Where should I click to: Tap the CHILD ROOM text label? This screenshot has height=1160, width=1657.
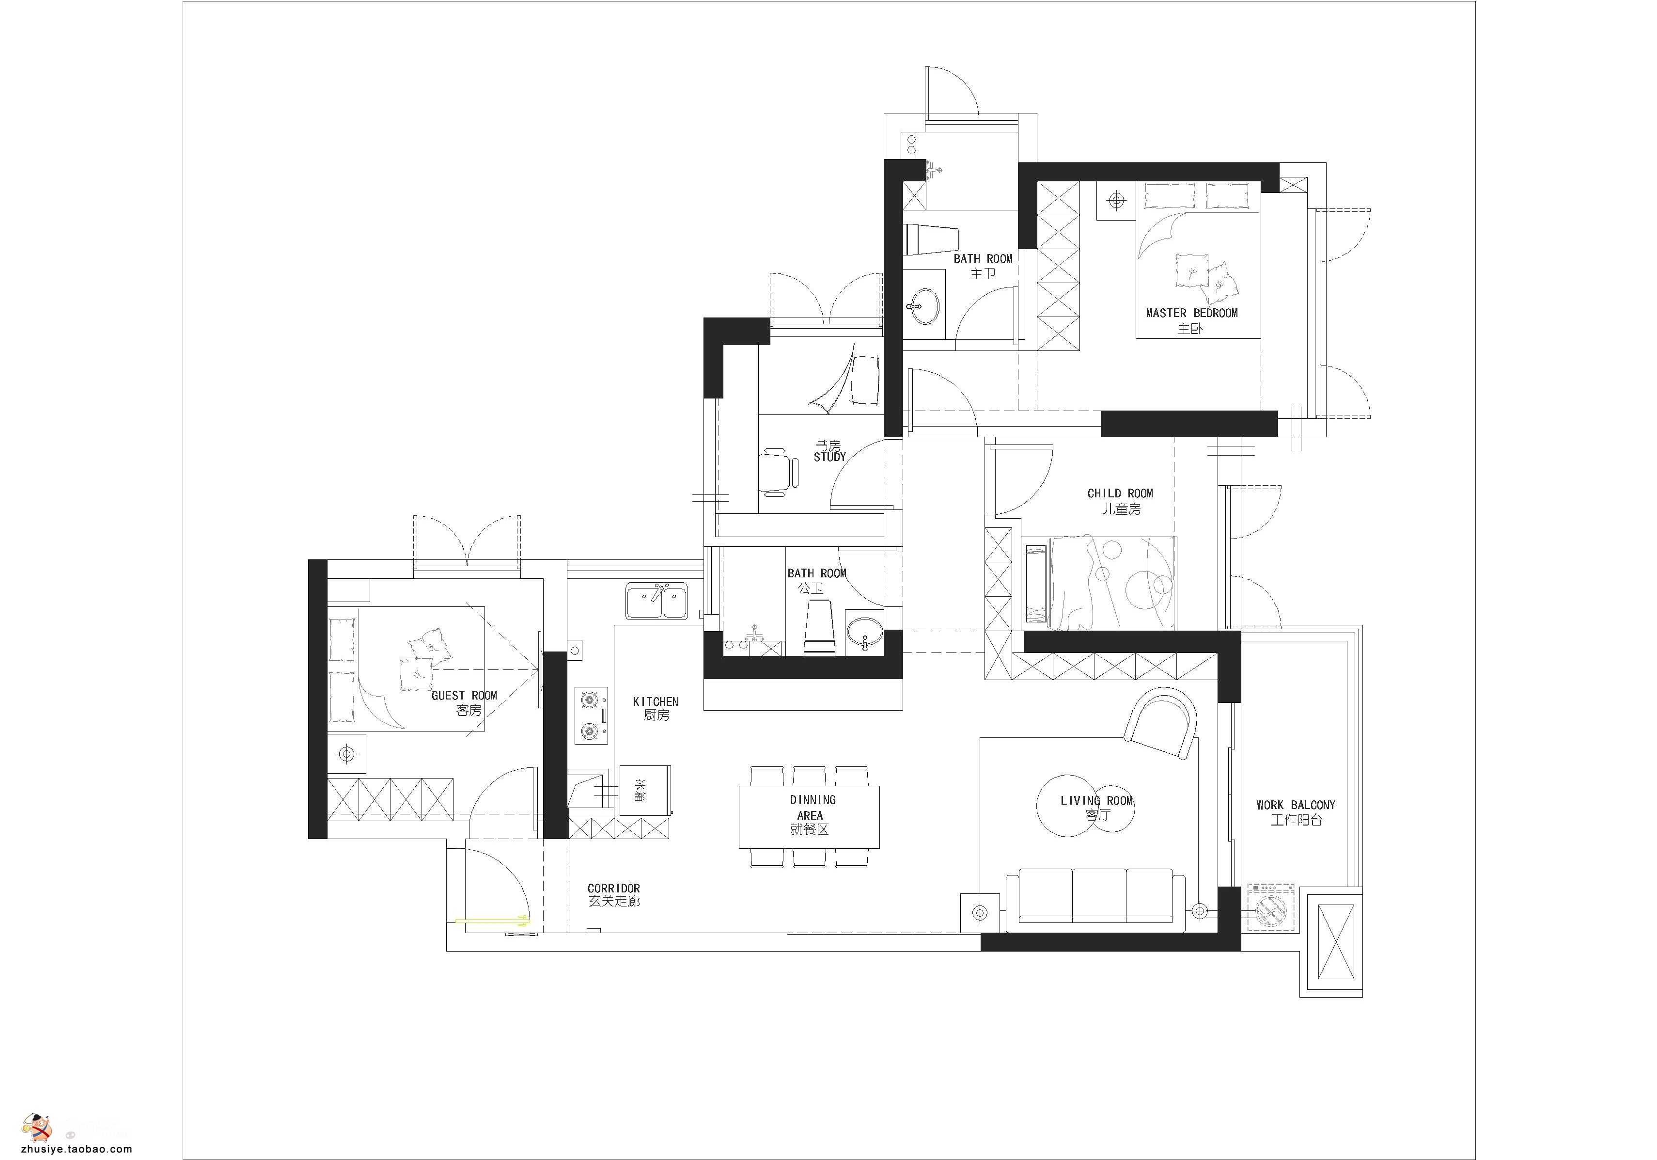click(1120, 493)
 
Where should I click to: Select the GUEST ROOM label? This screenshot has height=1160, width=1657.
click(464, 695)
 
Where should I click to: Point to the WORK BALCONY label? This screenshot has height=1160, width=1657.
click(1296, 804)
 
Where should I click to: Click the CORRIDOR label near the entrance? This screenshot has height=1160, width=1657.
click(613, 888)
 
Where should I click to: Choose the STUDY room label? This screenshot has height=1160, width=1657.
click(830, 457)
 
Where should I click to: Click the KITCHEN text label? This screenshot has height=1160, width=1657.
click(656, 701)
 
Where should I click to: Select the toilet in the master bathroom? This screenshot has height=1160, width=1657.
click(932, 239)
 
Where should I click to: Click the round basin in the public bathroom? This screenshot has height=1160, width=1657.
click(864, 633)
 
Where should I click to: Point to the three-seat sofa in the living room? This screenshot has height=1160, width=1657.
click(1095, 899)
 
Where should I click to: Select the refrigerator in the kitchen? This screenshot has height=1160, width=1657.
click(646, 790)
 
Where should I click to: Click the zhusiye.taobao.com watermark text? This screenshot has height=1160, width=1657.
click(77, 1150)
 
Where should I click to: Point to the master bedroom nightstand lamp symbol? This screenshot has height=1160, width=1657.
click(1116, 200)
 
